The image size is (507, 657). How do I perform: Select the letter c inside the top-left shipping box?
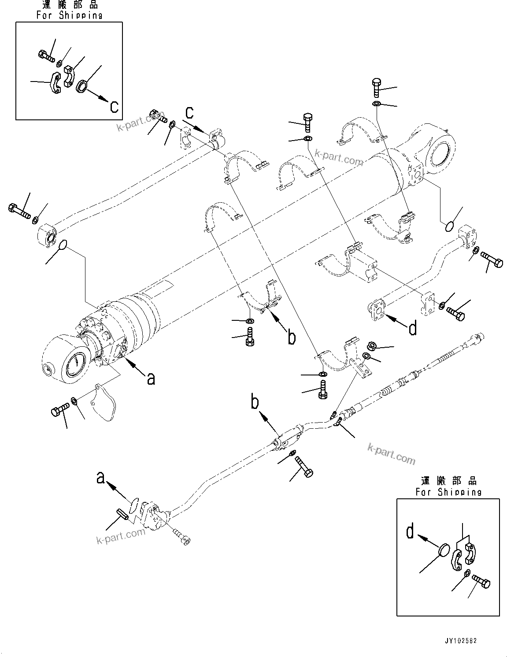click(114, 106)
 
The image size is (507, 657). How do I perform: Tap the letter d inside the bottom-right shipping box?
click(410, 532)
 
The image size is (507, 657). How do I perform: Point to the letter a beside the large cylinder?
click(151, 378)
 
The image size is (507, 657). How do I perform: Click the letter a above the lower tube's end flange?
click(101, 478)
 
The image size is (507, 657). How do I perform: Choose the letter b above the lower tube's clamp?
click(256, 402)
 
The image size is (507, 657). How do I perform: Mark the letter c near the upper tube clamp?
click(189, 113)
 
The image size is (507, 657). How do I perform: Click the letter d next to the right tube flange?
click(412, 328)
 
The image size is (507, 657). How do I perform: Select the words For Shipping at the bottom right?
click(448, 492)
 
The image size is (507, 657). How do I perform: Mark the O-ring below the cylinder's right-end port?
click(448, 226)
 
